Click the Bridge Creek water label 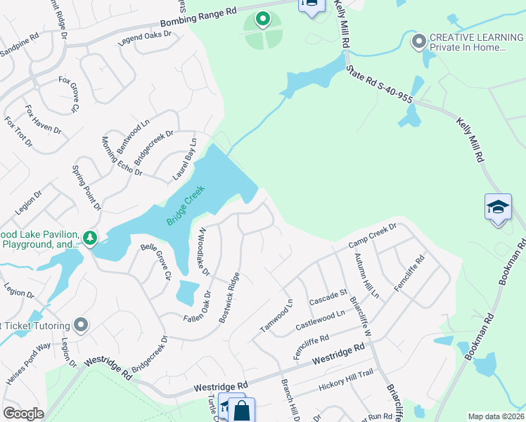click(x=186, y=205)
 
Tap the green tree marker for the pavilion click(x=89, y=238)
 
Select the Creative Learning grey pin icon click(x=419, y=42)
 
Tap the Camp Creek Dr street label click(x=373, y=236)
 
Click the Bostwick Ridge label click(x=229, y=297)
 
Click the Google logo click(x=23, y=414)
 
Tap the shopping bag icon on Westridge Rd click(x=242, y=411)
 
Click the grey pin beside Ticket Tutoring click(x=81, y=325)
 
